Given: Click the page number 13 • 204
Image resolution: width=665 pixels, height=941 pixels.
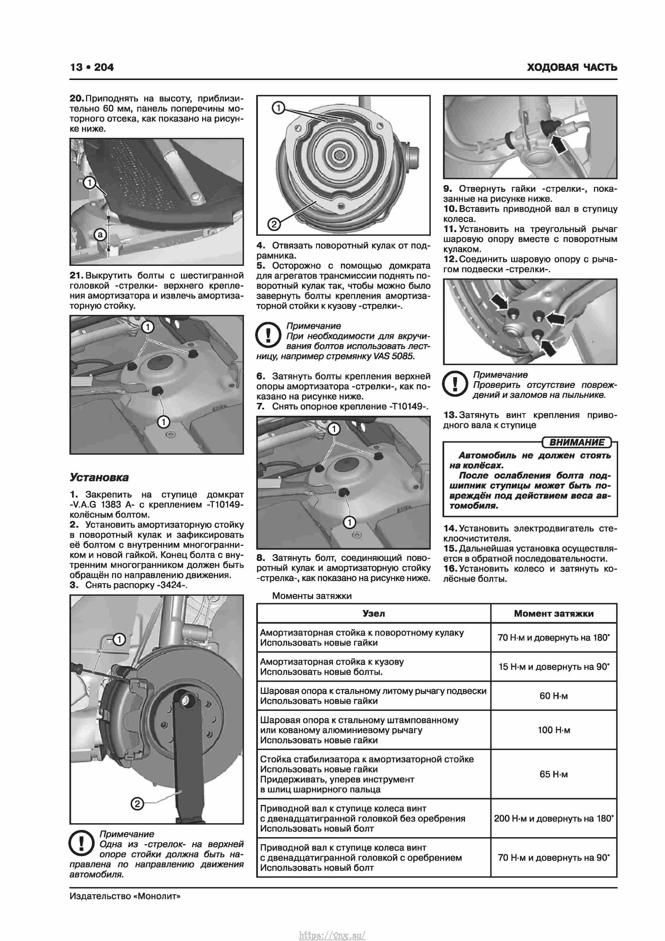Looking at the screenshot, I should click(x=92, y=67).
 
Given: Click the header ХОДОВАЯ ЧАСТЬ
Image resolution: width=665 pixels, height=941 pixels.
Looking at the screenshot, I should click(x=572, y=67).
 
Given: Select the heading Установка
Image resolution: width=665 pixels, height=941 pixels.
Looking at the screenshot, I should click(x=99, y=477).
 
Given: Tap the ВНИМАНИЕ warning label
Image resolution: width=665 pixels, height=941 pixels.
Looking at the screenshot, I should click(x=576, y=443).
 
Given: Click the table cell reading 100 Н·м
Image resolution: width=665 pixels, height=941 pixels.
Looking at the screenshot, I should click(x=554, y=730).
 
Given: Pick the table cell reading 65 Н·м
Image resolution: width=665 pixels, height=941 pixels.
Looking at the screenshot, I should click(x=554, y=774).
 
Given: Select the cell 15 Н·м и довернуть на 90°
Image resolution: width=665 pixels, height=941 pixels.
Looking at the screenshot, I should click(x=554, y=667).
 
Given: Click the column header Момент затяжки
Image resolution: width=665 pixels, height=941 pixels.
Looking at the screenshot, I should click(x=554, y=613).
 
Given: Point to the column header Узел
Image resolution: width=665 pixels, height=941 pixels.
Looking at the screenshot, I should click(x=373, y=613).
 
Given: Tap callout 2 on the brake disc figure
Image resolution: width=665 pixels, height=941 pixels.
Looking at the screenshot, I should click(x=137, y=804).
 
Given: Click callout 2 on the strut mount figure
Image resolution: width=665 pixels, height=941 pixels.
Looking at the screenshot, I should click(x=274, y=224).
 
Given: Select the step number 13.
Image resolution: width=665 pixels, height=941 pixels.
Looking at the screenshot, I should click(x=450, y=415).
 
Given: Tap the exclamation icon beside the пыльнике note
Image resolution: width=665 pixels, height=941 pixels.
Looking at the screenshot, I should click(x=455, y=384).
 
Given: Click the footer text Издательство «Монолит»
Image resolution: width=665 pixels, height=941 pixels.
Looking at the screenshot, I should click(x=125, y=896).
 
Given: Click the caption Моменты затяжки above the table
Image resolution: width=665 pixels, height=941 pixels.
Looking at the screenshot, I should click(x=312, y=596).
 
